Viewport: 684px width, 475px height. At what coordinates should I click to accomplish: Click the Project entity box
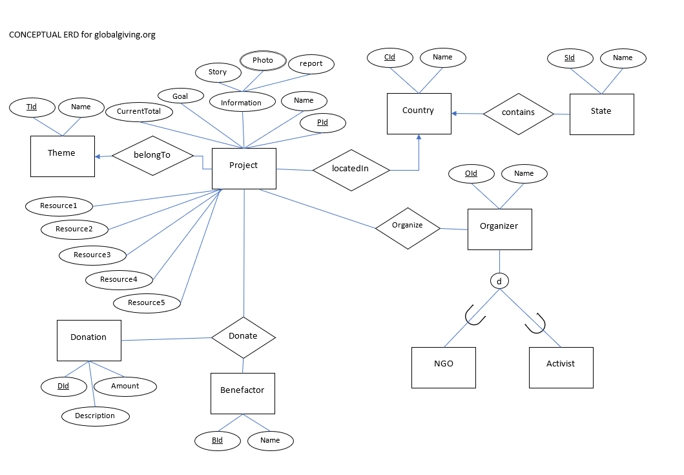point(244,169)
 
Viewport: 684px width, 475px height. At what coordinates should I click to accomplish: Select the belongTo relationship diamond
point(152,156)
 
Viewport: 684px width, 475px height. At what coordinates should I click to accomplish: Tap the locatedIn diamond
point(351,169)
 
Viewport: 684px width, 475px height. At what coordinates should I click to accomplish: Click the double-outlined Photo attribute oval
point(262,60)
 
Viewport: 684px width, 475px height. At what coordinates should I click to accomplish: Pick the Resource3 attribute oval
point(92,255)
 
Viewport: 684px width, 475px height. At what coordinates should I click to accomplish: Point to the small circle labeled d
point(499,281)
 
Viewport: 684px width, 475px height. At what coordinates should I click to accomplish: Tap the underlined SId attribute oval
point(569,58)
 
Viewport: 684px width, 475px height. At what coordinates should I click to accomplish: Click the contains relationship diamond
point(519,113)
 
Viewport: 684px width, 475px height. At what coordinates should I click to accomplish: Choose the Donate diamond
point(244,337)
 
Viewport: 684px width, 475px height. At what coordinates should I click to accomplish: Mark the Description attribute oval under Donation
point(95,416)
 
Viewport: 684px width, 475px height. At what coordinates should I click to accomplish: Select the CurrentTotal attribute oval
point(139,112)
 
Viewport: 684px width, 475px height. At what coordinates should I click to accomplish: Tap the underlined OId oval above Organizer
point(471,173)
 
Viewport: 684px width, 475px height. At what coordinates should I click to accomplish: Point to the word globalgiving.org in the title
point(125,35)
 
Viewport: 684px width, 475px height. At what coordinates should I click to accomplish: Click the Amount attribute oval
point(125,386)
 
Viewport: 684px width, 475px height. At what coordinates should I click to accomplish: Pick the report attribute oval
point(311,64)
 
